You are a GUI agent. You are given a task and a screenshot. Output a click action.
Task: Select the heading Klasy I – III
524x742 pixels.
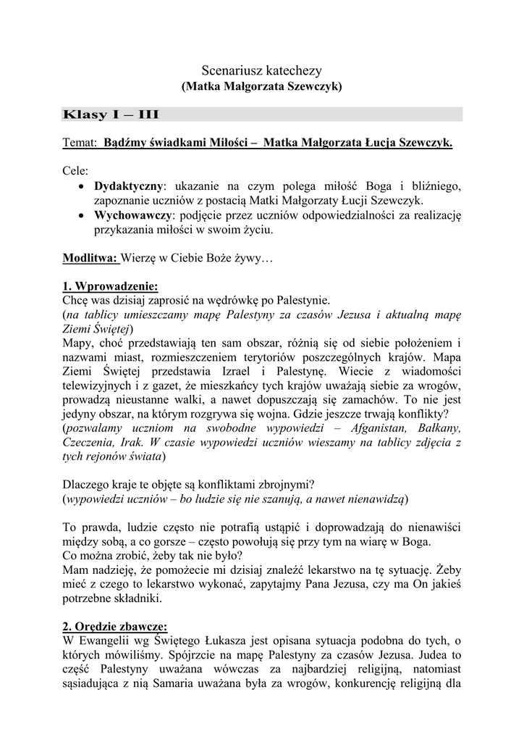[x=111, y=114]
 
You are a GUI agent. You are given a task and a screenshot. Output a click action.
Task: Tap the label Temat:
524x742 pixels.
[x=80, y=143]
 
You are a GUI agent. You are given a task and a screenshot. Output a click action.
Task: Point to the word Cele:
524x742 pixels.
[x=76, y=172]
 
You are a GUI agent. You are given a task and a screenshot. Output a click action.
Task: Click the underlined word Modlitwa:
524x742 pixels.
[x=90, y=257]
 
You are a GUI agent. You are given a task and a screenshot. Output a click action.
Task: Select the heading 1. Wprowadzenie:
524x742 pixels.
[x=110, y=285]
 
